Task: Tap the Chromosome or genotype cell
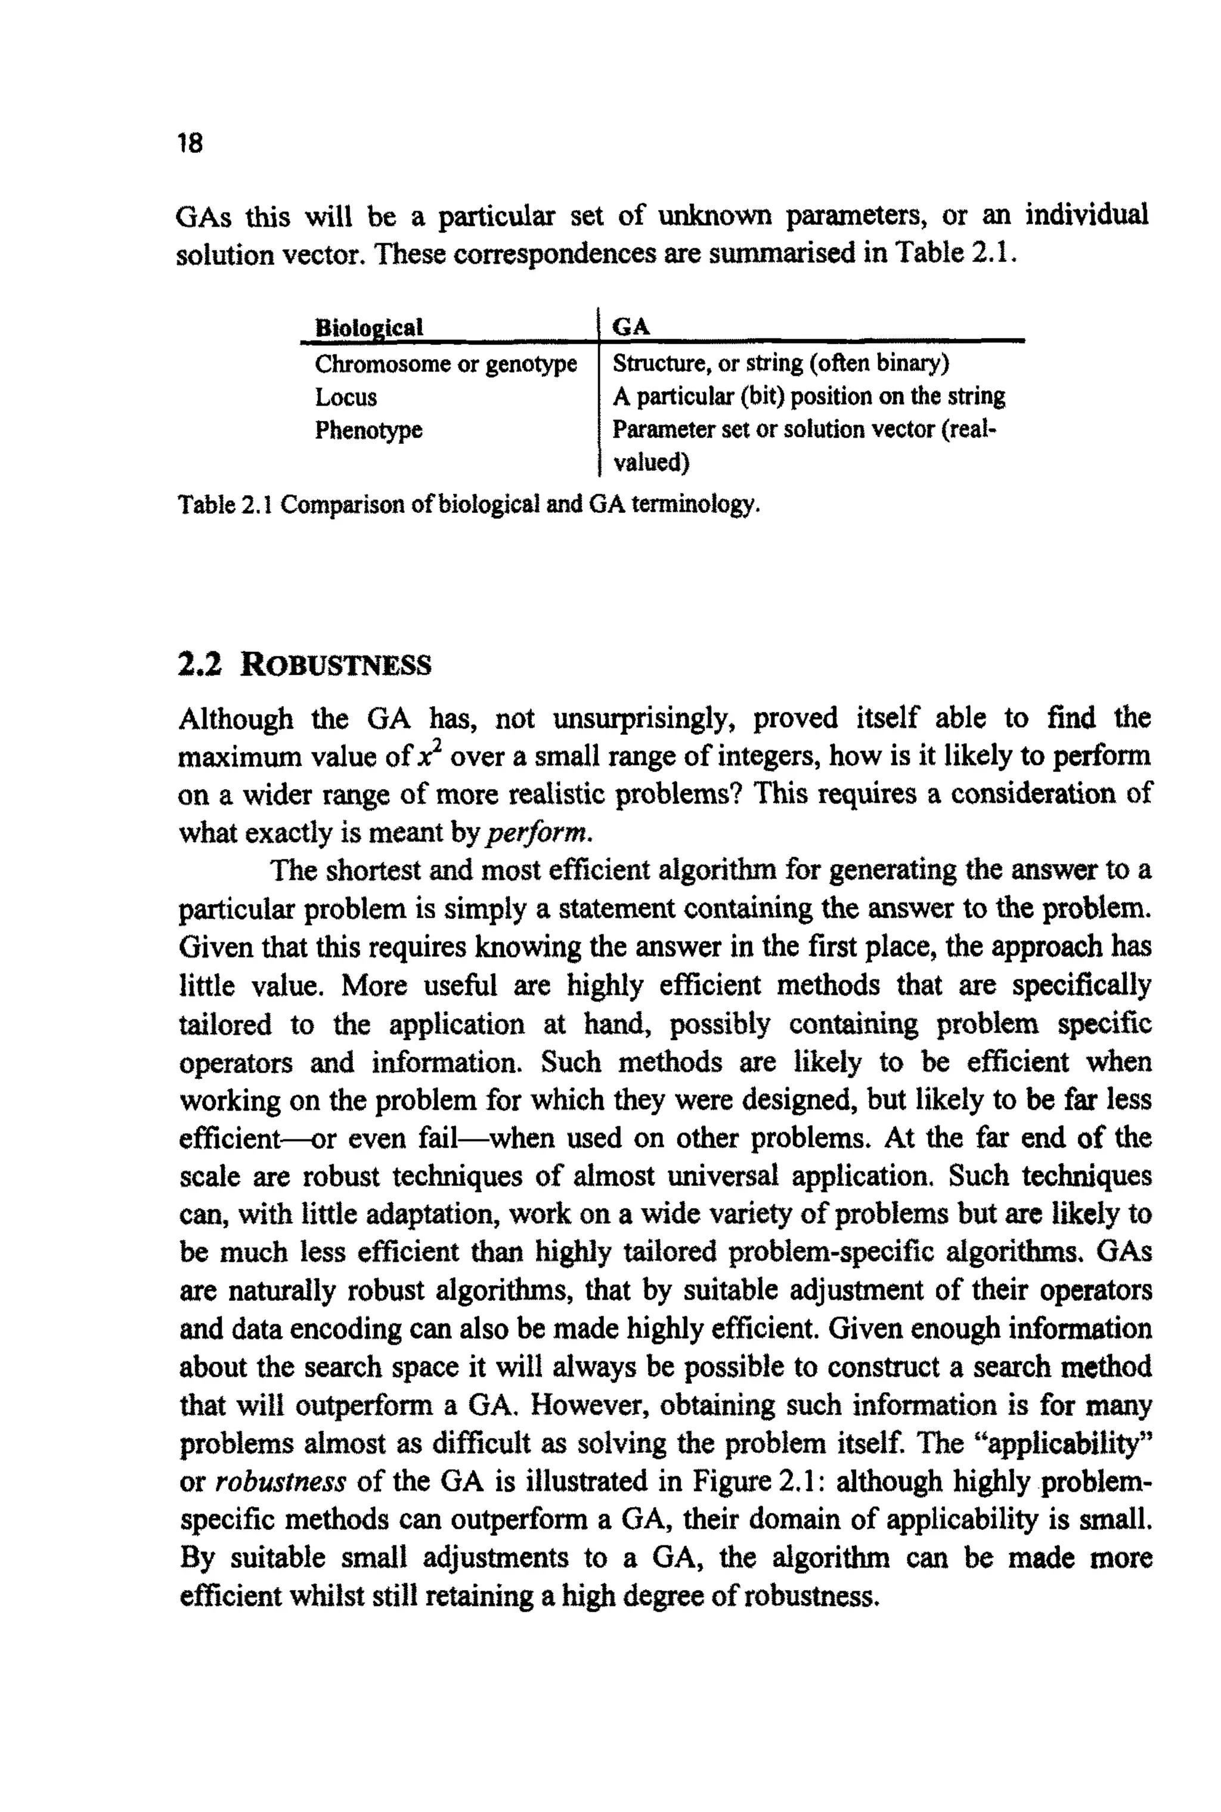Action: click(x=445, y=364)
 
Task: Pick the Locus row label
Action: click(x=346, y=397)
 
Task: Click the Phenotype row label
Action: click(x=368, y=430)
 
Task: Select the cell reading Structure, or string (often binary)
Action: click(x=780, y=363)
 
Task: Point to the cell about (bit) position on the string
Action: click(x=808, y=397)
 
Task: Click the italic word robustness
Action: click(x=280, y=1482)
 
